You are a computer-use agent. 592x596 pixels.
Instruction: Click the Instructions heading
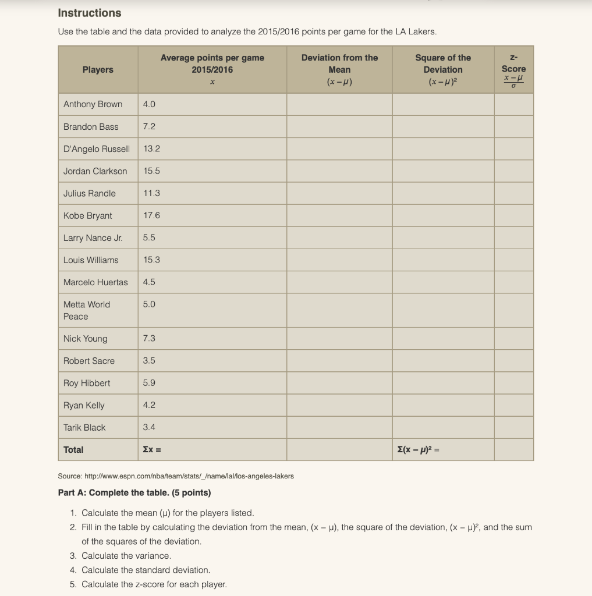click(x=90, y=13)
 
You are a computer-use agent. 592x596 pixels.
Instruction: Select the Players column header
click(x=98, y=70)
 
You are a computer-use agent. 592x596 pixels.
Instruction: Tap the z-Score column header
click(x=513, y=69)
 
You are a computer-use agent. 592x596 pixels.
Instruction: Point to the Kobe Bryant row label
click(x=88, y=215)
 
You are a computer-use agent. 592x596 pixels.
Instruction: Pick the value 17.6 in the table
click(x=151, y=215)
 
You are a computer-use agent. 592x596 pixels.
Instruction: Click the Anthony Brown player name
click(x=93, y=104)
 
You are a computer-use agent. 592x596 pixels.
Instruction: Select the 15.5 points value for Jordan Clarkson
click(x=151, y=171)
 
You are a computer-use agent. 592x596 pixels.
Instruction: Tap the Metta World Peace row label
click(x=87, y=310)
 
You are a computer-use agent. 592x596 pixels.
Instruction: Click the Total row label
click(x=73, y=449)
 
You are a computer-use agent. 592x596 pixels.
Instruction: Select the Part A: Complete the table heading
click(x=134, y=493)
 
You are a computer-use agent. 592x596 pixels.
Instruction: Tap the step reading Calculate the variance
click(x=126, y=556)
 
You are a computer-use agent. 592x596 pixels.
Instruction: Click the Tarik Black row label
click(x=84, y=427)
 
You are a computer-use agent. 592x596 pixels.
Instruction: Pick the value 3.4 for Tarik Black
click(x=149, y=427)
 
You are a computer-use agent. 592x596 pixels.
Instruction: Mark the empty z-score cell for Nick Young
click(x=513, y=338)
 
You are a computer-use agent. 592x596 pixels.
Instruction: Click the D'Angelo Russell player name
click(x=97, y=149)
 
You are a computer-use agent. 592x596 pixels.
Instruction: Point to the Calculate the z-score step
click(x=154, y=584)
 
